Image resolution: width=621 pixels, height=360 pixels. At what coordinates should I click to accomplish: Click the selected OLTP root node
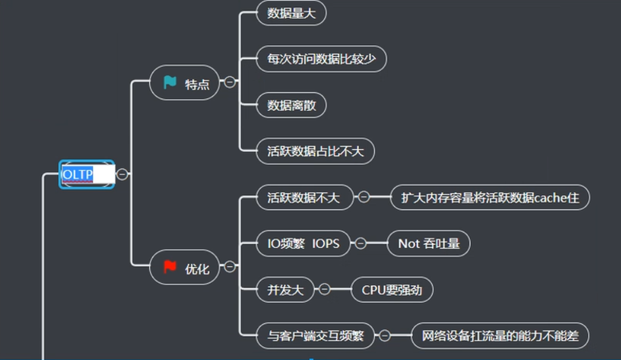coord(86,175)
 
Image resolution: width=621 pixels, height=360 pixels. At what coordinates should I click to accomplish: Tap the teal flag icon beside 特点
coord(170,83)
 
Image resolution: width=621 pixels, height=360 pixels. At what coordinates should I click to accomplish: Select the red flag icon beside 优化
coord(170,267)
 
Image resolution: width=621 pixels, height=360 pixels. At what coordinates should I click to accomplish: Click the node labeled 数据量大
coord(291,14)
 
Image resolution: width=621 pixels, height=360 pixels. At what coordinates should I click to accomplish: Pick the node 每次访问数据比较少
coord(321,59)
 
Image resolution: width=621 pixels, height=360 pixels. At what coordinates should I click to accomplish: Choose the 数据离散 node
coord(291,105)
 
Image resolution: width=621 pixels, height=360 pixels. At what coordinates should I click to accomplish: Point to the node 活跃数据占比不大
coord(315,151)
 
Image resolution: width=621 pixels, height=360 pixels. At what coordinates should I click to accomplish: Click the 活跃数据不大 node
coord(304,198)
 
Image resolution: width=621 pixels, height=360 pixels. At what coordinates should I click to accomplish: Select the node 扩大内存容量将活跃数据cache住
coord(490,198)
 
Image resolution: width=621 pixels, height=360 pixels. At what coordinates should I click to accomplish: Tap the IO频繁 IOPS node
coord(303,244)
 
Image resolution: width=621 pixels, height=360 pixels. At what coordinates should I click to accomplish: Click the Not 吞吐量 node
coord(428,244)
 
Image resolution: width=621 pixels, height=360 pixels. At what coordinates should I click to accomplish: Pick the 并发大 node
coord(285,289)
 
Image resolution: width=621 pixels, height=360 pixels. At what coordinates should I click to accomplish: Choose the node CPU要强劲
coord(392,289)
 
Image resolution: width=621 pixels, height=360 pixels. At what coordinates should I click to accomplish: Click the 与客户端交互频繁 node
coord(315,336)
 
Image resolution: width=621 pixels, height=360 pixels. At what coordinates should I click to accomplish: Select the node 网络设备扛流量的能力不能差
coord(500,336)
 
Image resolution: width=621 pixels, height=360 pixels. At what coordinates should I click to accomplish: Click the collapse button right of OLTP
coord(123,175)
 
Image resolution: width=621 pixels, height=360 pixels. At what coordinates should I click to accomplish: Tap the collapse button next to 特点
coord(230,82)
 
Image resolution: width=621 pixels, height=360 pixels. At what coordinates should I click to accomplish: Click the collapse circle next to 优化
coord(230,266)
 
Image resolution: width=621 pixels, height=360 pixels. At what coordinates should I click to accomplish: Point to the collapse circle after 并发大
coord(324,289)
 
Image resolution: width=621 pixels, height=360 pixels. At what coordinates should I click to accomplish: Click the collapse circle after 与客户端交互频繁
coord(384,336)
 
